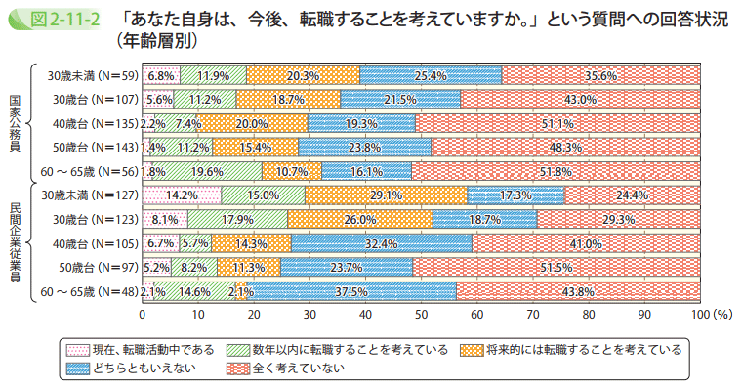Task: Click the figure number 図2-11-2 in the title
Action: pyautogui.click(x=55, y=19)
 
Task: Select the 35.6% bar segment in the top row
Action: pyautogui.click(x=600, y=74)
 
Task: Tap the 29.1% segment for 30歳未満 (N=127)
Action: pyautogui.click(x=386, y=195)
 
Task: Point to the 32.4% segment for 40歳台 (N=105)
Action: pyautogui.click(x=381, y=242)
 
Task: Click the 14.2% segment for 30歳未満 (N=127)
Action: pyautogui.click(x=183, y=195)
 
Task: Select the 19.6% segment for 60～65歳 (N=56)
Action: pyautogui.click(x=207, y=170)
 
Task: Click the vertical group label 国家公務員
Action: pyautogui.click(x=15, y=122)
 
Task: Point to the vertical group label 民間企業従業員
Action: pyautogui.click(x=15, y=243)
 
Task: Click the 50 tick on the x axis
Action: pyautogui.click(x=422, y=316)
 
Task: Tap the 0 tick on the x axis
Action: pyautogui.click(x=143, y=316)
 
